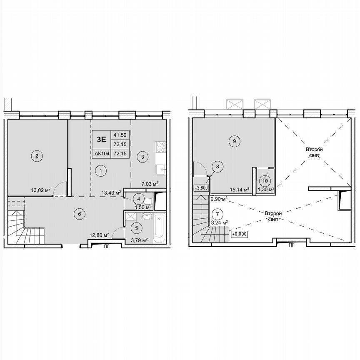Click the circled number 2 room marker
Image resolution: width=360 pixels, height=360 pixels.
37,156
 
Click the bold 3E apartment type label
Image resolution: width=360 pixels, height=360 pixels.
102,140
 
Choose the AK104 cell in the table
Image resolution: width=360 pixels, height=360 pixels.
102,153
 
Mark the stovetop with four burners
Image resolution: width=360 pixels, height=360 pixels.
160,147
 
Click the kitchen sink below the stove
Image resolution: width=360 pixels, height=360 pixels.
160,169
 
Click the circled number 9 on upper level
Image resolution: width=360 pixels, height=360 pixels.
235,141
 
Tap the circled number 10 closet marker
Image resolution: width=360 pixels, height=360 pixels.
264,181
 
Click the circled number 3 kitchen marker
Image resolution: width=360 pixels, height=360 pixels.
142,157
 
